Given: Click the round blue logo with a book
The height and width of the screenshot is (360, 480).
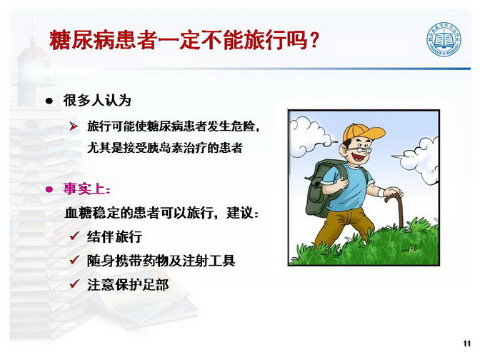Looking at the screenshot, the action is click(x=444, y=39).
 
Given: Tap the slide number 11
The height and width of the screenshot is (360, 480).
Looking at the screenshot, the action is click(x=467, y=344).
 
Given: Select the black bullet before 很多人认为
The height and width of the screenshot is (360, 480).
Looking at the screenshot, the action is click(x=49, y=101).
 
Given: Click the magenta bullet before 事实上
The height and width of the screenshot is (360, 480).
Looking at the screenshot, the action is click(x=49, y=189).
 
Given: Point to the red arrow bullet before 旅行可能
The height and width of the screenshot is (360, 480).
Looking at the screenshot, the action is click(x=74, y=126).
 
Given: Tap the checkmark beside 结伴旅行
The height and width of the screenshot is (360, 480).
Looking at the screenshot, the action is click(x=74, y=236).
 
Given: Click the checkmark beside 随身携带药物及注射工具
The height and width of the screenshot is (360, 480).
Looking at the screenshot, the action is click(x=74, y=260).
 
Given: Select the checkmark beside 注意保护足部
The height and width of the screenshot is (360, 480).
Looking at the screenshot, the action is click(x=74, y=284).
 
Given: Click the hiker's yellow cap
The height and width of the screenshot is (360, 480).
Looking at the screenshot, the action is click(x=362, y=132).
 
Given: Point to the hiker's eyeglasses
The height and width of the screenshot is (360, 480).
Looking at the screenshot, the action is click(x=359, y=150).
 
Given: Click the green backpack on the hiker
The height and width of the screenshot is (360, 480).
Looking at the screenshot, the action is click(x=323, y=187).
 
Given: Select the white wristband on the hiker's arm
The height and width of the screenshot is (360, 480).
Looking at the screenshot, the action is click(x=381, y=193).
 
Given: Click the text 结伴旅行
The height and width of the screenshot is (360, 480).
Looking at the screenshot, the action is click(x=114, y=236).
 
